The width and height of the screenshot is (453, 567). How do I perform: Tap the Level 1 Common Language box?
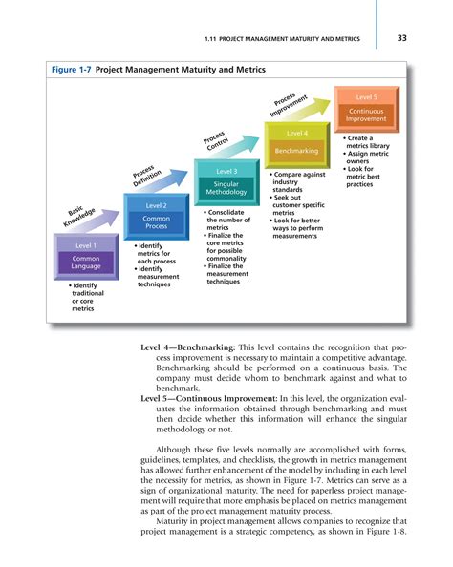tap(85, 258)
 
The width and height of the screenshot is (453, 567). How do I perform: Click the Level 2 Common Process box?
tap(156, 218)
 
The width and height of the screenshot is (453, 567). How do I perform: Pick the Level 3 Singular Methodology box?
tap(226, 182)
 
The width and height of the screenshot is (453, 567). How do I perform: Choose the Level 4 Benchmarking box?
tap(296, 144)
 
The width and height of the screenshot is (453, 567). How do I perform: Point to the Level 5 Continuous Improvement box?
tap(366, 108)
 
